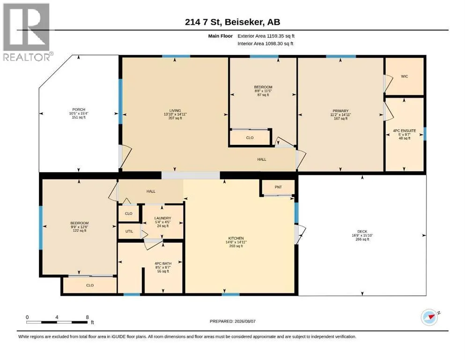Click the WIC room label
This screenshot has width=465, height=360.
[405, 76]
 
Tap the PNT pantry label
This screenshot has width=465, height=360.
[278, 187]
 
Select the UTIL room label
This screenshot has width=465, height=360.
[129, 231]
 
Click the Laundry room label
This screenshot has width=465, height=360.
[163, 218]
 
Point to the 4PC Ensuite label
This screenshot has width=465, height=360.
[405, 131]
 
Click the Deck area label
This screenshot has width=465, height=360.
[362, 232]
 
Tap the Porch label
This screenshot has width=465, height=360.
[79, 110]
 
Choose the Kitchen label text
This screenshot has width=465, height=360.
[236, 238]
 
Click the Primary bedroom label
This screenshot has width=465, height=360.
[340, 111]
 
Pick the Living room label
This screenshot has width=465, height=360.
[175, 111]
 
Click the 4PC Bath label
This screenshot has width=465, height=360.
[163, 263]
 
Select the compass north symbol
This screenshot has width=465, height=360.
[430, 317]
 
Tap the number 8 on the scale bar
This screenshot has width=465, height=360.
[87, 317]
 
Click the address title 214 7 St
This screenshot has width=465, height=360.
[204, 22]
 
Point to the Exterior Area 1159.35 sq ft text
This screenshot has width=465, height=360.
[266, 36]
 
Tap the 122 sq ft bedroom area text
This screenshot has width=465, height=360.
[80, 231]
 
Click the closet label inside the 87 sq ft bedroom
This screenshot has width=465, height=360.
[250, 138]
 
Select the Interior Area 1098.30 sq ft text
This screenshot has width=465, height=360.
[266, 44]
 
